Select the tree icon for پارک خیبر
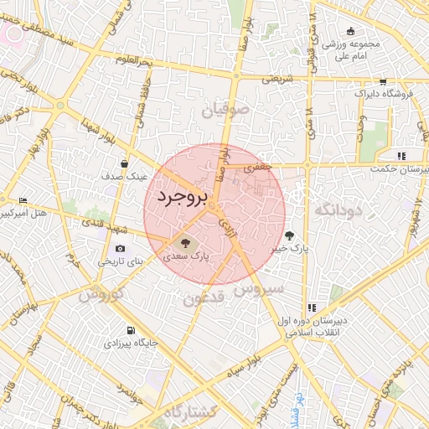[290, 235]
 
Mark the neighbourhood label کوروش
[101, 294]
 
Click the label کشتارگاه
[190, 411]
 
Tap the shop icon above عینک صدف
[124, 163]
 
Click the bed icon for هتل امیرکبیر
[23, 201]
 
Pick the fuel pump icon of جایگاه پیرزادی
[129, 330]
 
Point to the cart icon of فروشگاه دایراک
[383, 82]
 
